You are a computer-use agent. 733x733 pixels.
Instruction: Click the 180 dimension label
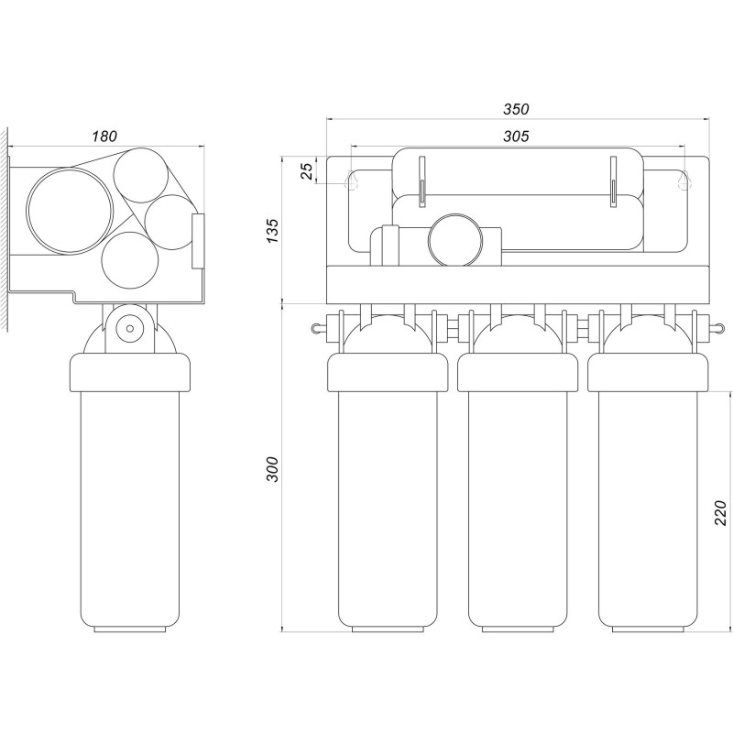[104, 136]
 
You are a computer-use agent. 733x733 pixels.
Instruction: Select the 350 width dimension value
[516, 109]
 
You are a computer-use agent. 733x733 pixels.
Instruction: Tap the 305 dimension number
[516, 136]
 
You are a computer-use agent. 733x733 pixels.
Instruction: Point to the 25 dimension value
[309, 170]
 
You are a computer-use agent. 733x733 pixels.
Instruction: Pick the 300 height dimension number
[270, 468]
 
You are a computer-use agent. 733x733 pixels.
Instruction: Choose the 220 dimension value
[720, 512]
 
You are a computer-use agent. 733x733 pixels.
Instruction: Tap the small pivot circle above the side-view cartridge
[130, 326]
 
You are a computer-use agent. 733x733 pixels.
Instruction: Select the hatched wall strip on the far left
[5, 229]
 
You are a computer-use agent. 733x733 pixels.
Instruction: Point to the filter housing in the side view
[130, 486]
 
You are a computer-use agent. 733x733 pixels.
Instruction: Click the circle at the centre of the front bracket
[457, 240]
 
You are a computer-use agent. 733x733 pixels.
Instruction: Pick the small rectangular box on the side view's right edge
[197, 241]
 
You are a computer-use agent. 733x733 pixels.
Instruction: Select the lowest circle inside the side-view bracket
[129, 259]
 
